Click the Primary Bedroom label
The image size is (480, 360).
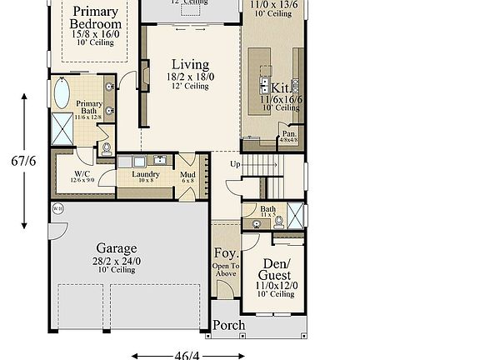point(95,17)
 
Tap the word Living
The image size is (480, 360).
point(190,65)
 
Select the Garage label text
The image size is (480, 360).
point(117,248)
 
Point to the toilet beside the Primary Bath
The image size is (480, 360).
point(104,148)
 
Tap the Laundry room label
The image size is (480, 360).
point(147,175)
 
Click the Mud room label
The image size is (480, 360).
point(187,175)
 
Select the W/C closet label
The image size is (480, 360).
point(70,174)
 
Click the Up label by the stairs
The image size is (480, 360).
point(235,164)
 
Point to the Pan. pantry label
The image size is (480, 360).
point(289,133)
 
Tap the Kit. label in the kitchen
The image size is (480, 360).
point(281,87)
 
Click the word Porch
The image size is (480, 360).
point(229,325)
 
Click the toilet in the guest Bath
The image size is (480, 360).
point(278,221)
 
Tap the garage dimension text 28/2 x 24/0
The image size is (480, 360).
point(117,260)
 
